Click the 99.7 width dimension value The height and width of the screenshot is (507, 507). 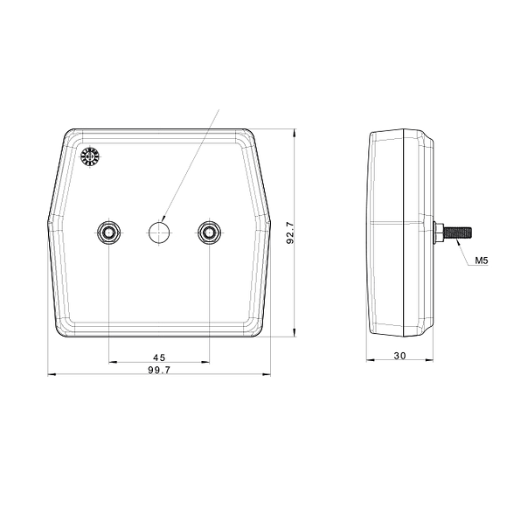(159, 370)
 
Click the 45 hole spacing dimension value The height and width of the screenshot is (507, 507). (159, 357)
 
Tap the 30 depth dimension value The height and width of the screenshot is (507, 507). (400, 356)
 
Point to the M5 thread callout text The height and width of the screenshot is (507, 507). (482, 260)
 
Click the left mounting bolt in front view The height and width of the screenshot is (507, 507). (108, 232)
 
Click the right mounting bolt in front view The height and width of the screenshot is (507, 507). (209, 232)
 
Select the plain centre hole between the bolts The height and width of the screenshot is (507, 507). (158, 232)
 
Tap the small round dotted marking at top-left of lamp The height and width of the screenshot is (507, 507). (89, 157)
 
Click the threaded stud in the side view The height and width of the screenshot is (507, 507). (458, 232)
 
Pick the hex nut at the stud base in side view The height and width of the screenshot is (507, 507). (437, 232)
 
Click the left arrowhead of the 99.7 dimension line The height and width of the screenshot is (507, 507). (49, 375)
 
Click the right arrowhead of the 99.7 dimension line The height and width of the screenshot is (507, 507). (268, 375)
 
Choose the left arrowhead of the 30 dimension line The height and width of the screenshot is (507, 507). (369, 361)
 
